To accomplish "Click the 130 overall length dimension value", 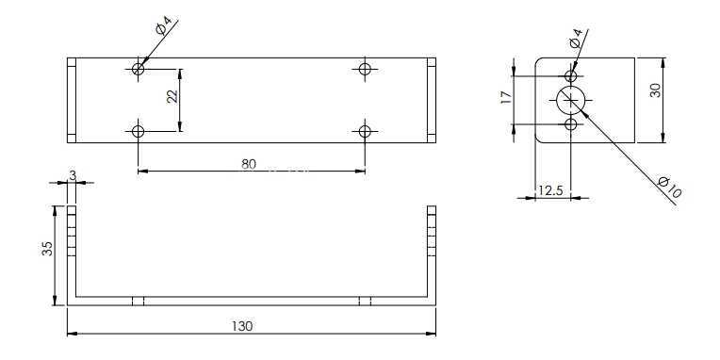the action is click(242, 326).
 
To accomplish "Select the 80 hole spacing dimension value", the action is click(249, 164).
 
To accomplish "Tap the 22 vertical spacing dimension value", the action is click(172, 96).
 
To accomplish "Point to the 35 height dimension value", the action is click(47, 249).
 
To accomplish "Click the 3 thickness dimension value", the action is click(73, 175).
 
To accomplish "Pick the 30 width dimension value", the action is click(656, 90).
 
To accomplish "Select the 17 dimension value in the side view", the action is click(506, 97).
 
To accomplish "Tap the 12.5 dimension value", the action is click(550, 190).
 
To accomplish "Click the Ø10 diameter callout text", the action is click(669, 187).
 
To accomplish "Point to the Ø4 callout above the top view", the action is click(163, 26).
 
